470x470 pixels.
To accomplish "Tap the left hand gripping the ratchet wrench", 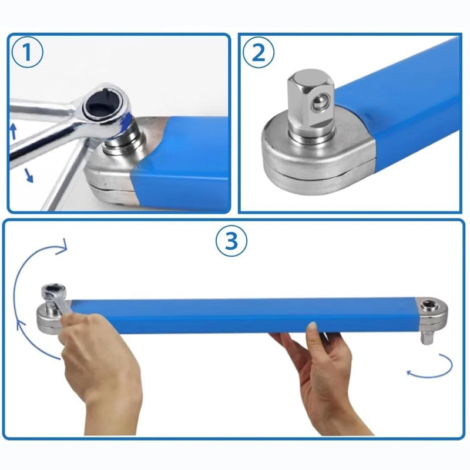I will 100,358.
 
